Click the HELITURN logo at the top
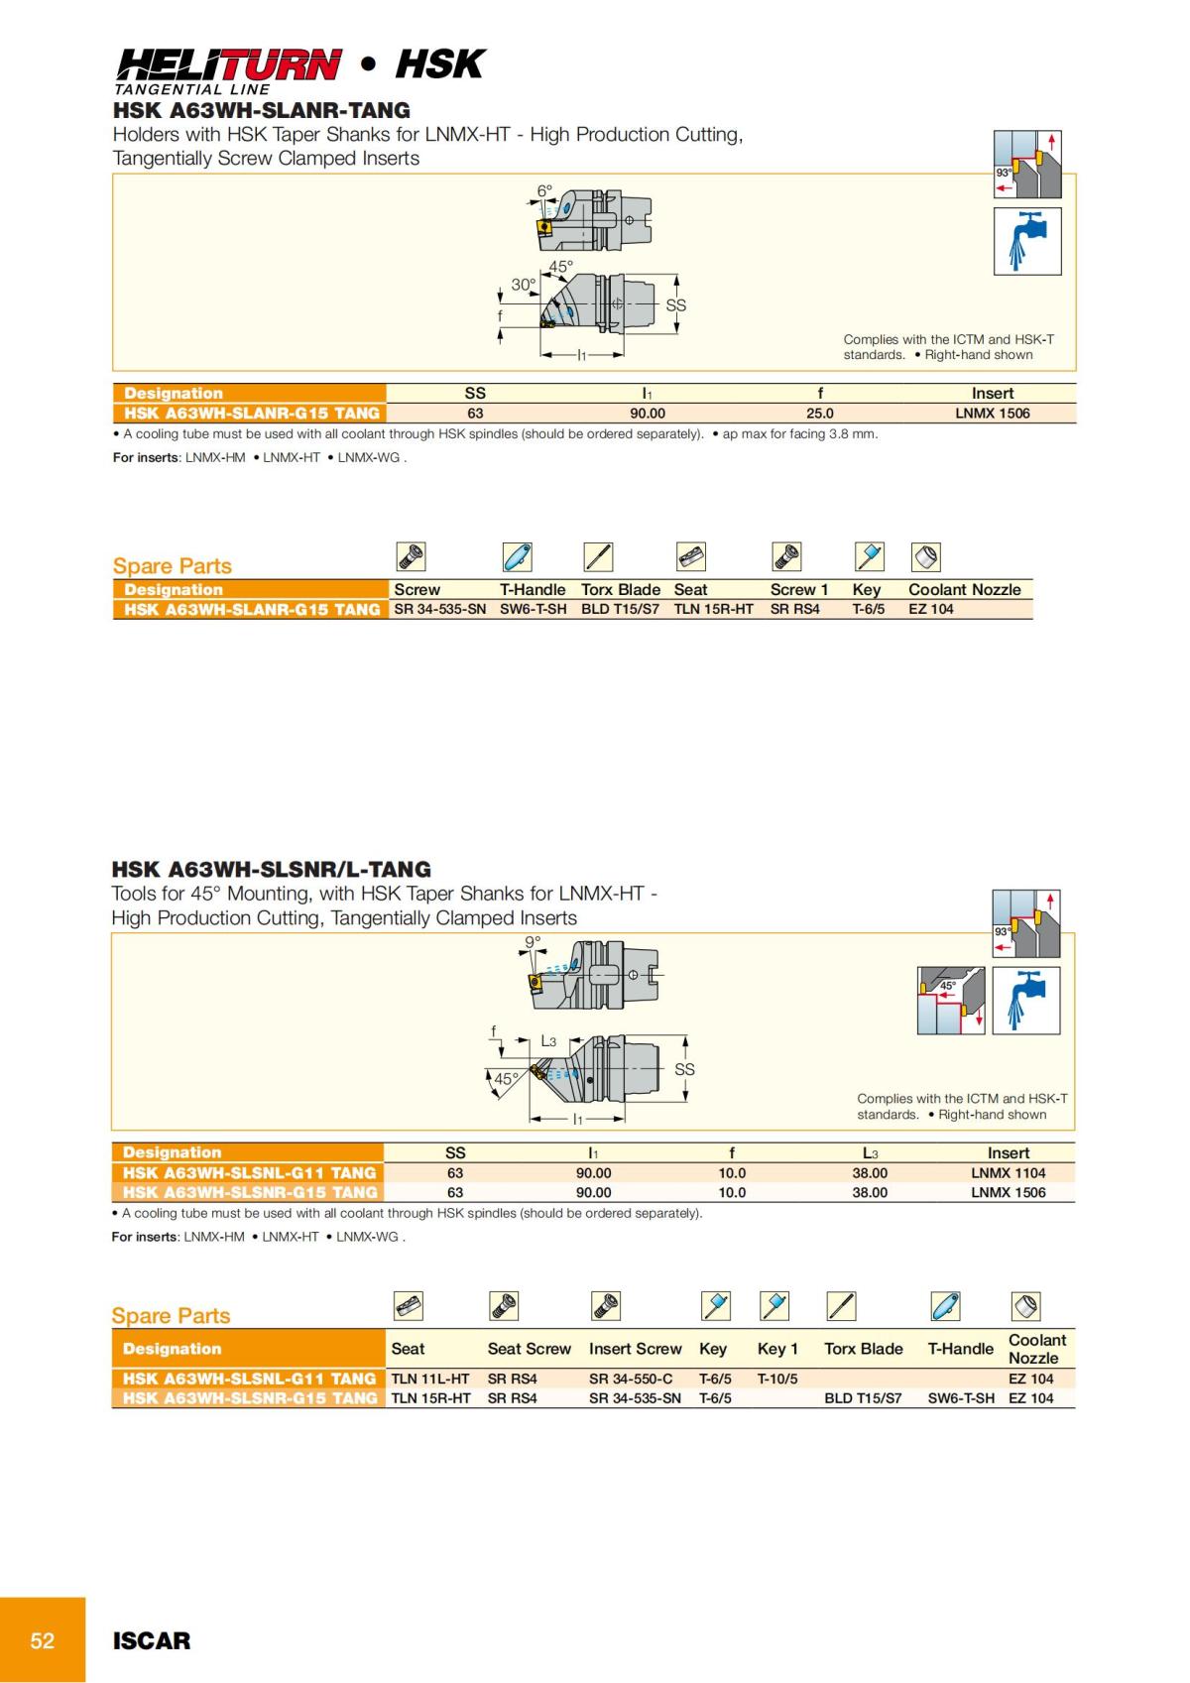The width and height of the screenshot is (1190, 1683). [x=228, y=65]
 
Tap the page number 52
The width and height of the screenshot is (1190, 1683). [x=43, y=1640]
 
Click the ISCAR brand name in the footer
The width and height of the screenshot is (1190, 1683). [x=151, y=1640]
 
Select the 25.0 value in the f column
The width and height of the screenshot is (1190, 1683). [x=819, y=414]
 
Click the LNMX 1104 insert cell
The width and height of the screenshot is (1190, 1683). [x=1008, y=1172]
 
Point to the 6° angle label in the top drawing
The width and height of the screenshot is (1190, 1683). [x=544, y=190]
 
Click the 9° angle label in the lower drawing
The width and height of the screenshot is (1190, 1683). [x=533, y=941]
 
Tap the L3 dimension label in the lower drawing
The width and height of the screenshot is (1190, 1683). [x=548, y=1041]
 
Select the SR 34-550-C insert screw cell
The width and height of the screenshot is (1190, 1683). [x=630, y=1379]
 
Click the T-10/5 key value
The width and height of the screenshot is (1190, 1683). [x=777, y=1379]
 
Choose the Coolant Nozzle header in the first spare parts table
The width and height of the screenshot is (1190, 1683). [x=964, y=589]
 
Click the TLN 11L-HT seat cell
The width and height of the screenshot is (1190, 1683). [x=430, y=1379]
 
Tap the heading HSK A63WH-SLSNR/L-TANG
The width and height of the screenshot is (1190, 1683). [x=271, y=869]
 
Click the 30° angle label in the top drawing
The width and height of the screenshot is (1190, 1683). [x=523, y=285]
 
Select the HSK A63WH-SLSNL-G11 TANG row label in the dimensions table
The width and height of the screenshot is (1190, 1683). [x=248, y=1172]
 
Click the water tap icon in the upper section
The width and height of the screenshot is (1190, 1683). [x=1027, y=241]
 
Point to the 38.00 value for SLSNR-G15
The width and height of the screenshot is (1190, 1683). [x=870, y=1192]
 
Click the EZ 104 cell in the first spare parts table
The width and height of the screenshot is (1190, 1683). [x=930, y=609]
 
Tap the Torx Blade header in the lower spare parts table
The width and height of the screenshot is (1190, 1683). [x=863, y=1349]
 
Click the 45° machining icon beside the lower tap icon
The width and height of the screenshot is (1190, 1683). [x=950, y=1001]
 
